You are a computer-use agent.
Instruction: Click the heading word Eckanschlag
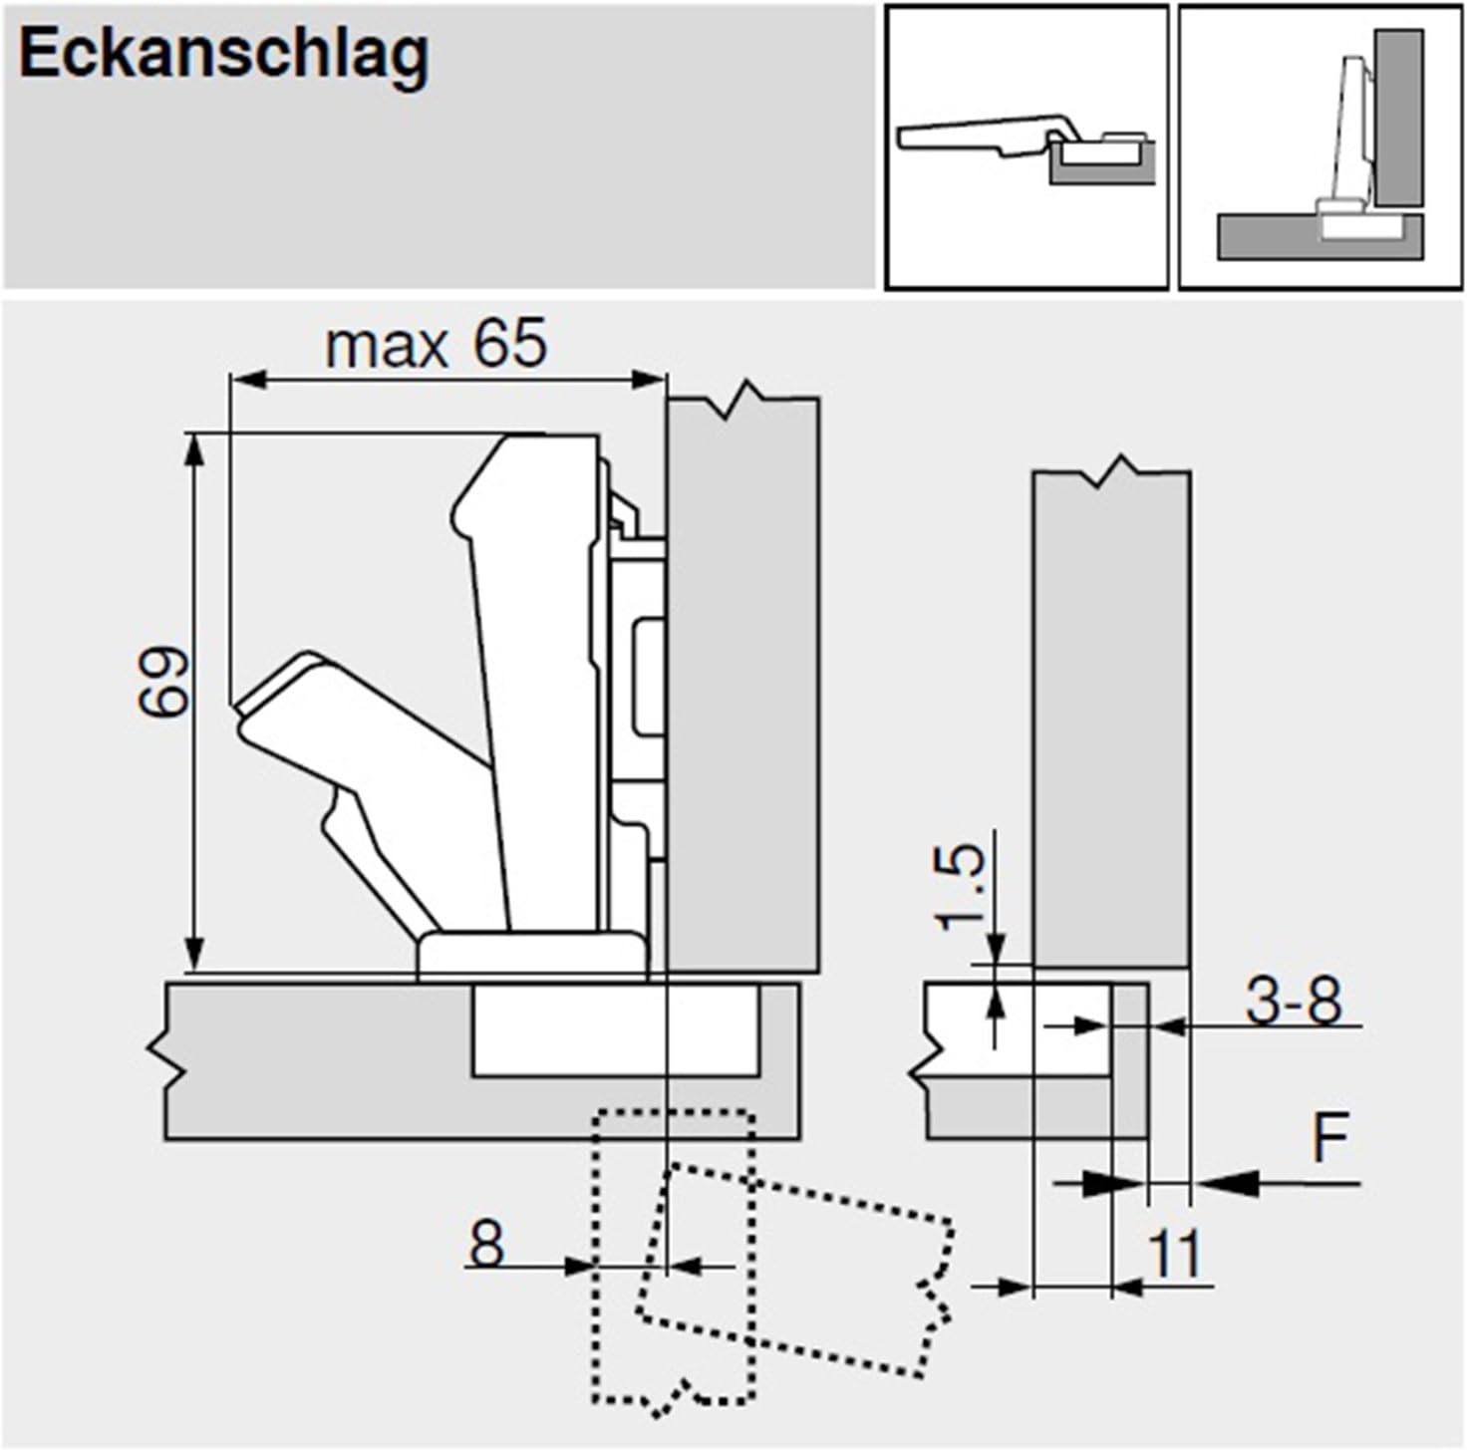point(224,55)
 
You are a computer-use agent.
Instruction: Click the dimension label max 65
point(436,345)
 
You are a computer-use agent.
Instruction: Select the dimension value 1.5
point(962,886)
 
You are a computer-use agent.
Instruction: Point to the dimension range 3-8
point(1294,1001)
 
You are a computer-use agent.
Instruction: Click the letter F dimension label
point(1329,1137)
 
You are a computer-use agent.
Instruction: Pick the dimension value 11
point(1176,1255)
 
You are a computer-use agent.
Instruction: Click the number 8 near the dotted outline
point(486,1245)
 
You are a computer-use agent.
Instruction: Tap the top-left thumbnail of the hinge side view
point(1027,147)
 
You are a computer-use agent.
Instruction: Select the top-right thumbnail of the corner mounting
point(1320,147)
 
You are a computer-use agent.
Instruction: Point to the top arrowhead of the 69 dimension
point(196,449)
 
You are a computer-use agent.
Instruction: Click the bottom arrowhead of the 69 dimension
point(196,954)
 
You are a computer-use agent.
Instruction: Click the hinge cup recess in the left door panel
point(615,1030)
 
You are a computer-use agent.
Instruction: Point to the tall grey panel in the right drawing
point(1111,718)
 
